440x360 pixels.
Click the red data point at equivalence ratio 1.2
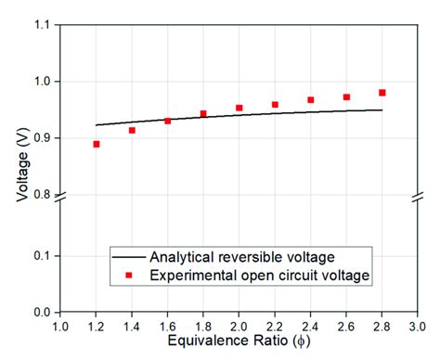point(97,144)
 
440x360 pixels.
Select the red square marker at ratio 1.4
point(132,130)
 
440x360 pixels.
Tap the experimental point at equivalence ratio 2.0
point(239,108)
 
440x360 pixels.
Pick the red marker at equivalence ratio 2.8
point(382,93)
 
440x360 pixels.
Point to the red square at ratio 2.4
point(311,99)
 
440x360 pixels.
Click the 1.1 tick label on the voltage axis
point(42,25)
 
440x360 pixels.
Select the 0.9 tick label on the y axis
point(42,138)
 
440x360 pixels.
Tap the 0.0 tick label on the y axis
point(42,313)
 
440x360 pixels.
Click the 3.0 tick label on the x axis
point(417,327)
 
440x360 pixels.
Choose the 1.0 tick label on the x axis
point(60,327)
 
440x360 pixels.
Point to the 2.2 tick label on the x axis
point(275,327)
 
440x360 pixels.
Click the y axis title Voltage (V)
point(19,168)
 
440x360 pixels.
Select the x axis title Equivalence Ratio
point(239,343)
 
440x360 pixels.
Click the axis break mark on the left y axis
point(61,198)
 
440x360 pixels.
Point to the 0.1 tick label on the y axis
point(42,255)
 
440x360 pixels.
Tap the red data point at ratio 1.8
point(203,114)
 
